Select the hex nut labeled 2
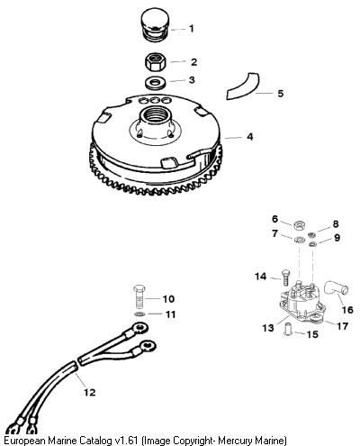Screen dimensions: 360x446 point(155,61)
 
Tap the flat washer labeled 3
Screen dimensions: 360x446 point(155,83)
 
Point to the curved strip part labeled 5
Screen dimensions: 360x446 point(244,86)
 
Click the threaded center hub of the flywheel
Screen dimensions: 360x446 point(156,120)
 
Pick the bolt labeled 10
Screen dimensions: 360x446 point(139,296)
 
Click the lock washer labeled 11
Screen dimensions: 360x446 point(139,314)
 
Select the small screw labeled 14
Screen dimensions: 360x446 point(285,278)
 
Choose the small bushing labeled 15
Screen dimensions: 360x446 point(288,329)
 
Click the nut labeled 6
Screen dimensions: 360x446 point(298,225)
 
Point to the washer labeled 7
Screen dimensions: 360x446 point(299,240)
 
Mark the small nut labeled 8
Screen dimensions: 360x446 point(311,234)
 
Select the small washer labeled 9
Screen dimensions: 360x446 point(312,244)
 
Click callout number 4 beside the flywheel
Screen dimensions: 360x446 point(249,137)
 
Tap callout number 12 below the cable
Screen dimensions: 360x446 point(89,392)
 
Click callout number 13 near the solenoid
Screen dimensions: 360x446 point(268,328)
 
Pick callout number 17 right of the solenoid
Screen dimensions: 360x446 point(342,326)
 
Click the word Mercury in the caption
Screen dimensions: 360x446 point(233,441)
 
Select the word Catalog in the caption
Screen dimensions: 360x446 point(95,441)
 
